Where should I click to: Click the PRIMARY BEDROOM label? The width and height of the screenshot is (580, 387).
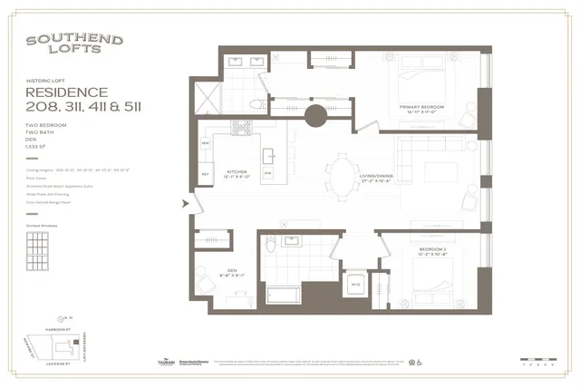[x=424, y=107]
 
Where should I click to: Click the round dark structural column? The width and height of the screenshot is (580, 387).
[x=316, y=116]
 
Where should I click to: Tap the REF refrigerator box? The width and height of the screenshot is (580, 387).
[x=206, y=173]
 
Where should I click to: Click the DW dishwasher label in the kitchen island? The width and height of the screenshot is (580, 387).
[x=267, y=171]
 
